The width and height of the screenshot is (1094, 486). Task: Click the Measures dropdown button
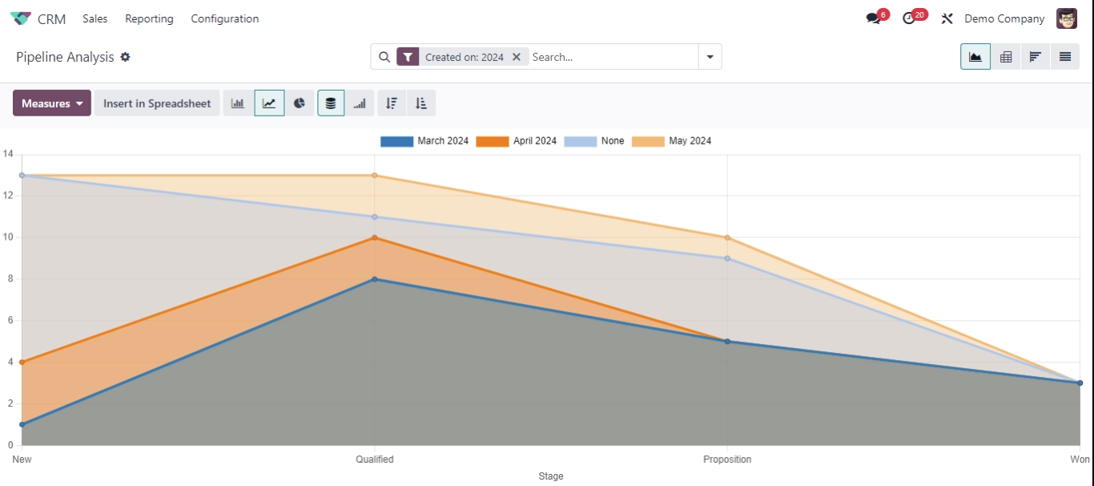[x=51, y=103]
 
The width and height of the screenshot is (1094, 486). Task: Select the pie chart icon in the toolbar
[x=300, y=103]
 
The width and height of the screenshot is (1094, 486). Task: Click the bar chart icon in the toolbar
[x=238, y=103]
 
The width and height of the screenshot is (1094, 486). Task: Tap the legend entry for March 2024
[x=424, y=141]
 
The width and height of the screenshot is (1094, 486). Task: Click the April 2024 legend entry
[x=517, y=141]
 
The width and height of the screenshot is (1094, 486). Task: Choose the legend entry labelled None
[x=594, y=141]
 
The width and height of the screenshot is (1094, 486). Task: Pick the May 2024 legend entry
[x=672, y=141]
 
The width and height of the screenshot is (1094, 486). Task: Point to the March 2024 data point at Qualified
[x=375, y=279]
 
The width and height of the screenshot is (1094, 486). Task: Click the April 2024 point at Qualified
[x=375, y=237]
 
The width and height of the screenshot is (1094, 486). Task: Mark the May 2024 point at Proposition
[x=727, y=237]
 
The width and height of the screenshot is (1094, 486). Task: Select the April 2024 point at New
[x=22, y=362]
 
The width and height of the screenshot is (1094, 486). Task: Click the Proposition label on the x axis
[x=727, y=460]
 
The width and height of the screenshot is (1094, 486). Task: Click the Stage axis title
[x=551, y=476]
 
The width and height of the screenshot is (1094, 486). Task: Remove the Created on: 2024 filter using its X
[x=517, y=57]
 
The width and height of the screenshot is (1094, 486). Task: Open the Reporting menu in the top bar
[x=149, y=18]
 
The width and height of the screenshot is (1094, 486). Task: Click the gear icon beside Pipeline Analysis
[x=126, y=57]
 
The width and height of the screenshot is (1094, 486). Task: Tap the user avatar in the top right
[x=1067, y=18]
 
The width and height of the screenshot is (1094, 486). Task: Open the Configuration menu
[x=224, y=18]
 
